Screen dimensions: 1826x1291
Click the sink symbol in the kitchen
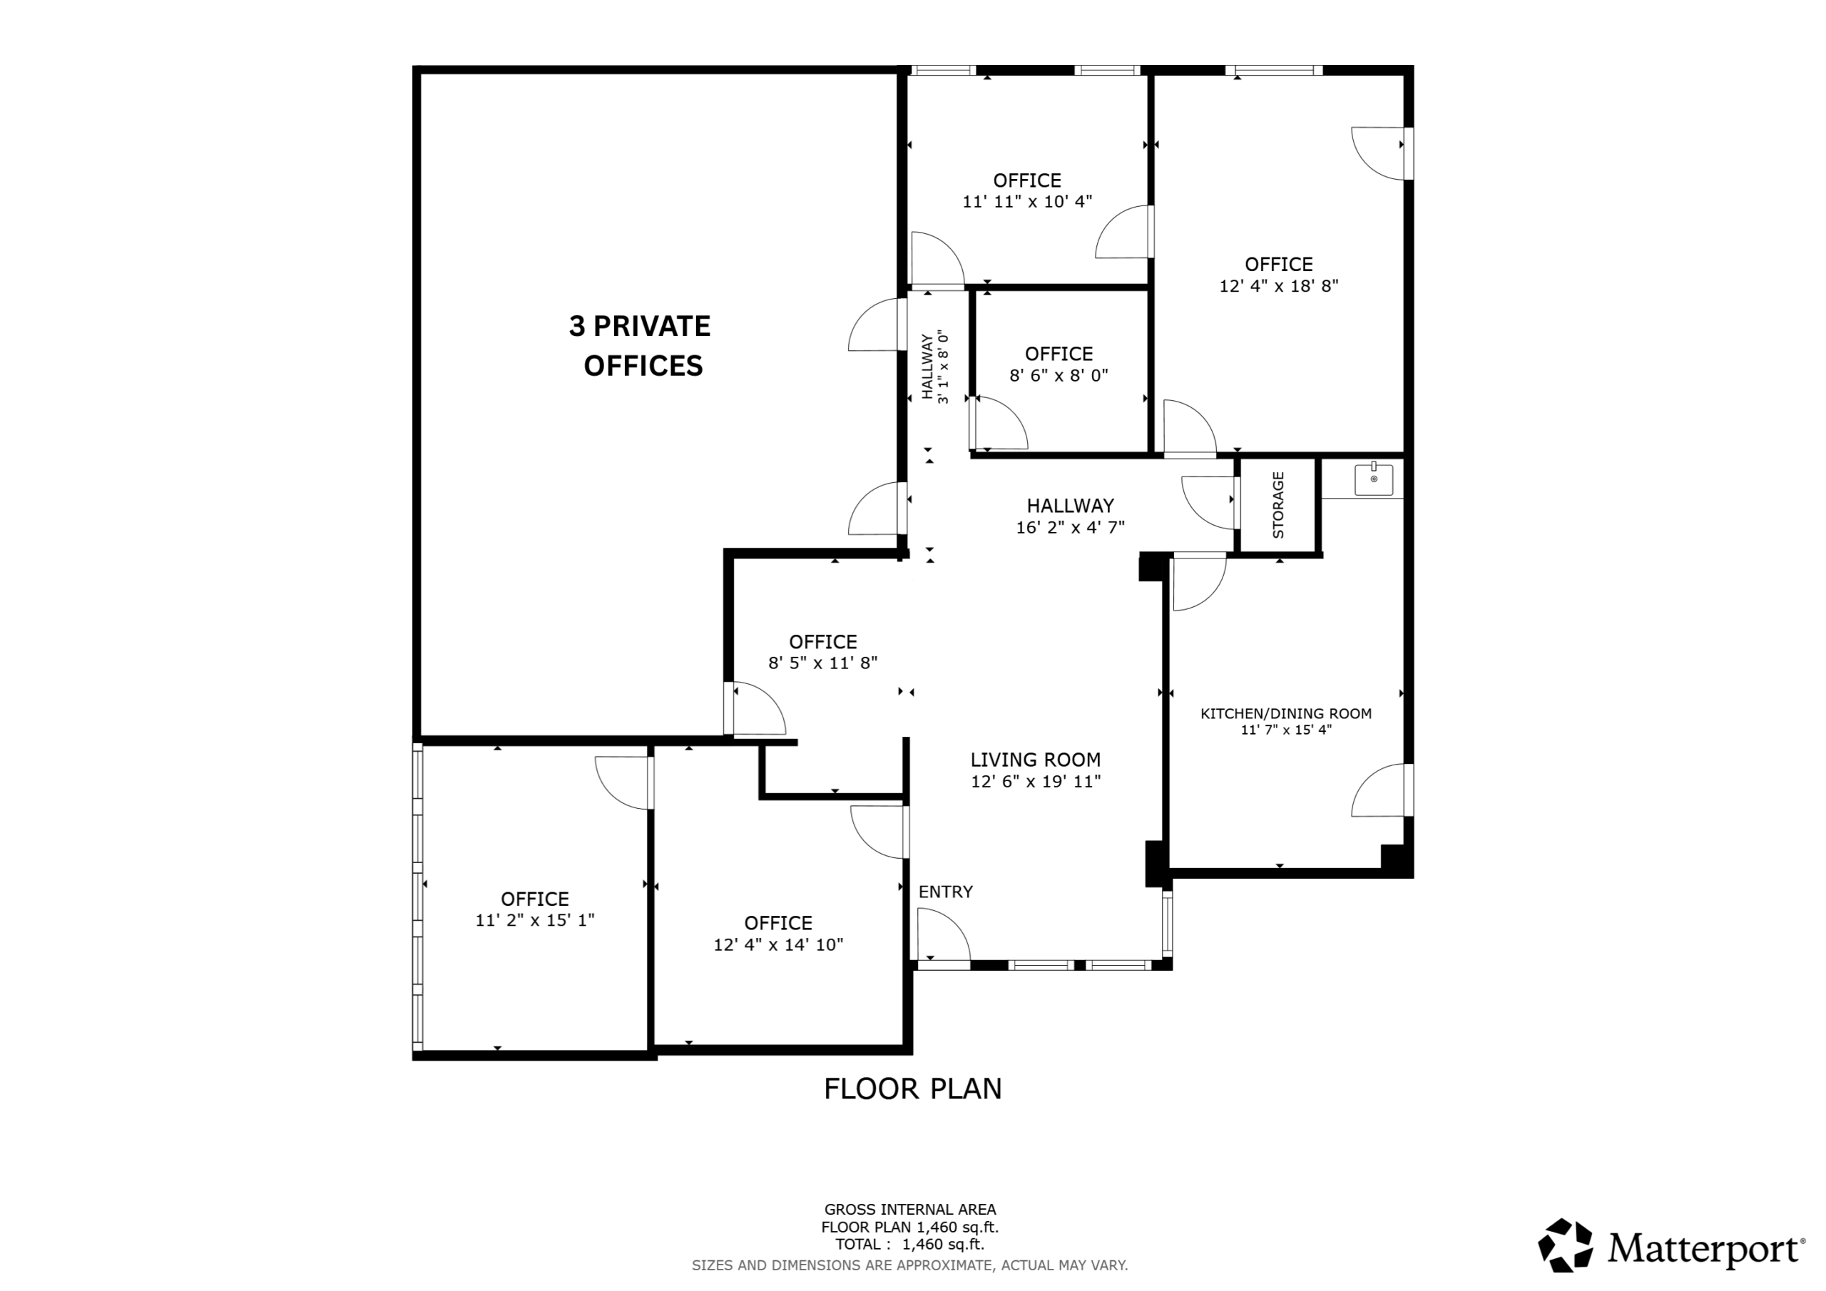click(1374, 479)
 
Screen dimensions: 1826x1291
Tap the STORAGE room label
click(1279, 505)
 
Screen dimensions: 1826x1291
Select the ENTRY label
click(946, 892)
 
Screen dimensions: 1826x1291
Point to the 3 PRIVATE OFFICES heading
click(641, 346)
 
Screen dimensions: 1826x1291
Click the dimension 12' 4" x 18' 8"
click(1279, 285)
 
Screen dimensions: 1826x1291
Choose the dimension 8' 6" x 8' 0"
click(1059, 375)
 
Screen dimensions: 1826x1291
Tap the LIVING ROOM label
click(1036, 760)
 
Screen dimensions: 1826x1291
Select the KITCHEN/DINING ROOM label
click(1286, 713)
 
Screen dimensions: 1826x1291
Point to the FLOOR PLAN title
click(913, 1089)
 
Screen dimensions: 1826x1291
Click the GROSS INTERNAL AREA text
click(910, 1210)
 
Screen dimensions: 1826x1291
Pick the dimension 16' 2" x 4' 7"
click(1071, 526)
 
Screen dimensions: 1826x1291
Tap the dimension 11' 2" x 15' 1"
click(535, 920)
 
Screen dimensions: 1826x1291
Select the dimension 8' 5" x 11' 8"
click(823, 663)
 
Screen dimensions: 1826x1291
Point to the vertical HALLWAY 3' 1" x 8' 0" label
click(935, 367)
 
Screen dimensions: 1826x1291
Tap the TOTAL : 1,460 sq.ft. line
click(910, 1245)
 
